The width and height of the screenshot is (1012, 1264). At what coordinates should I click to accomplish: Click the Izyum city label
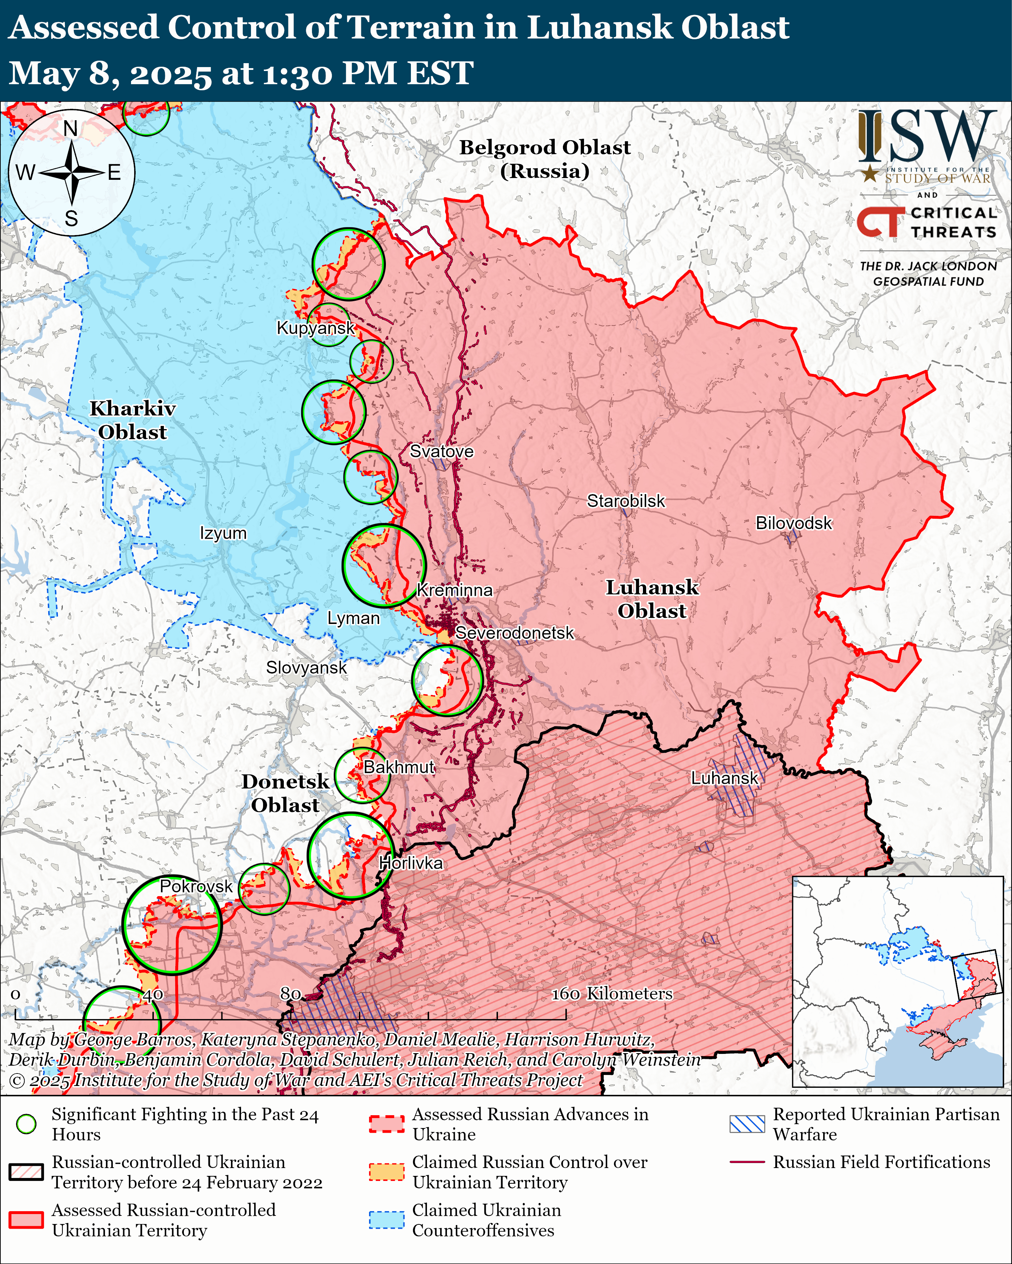(x=223, y=533)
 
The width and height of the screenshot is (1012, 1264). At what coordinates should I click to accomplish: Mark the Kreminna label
(x=455, y=590)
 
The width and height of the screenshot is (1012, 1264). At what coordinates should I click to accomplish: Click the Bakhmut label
(x=399, y=767)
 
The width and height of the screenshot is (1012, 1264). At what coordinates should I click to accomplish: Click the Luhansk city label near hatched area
(x=725, y=778)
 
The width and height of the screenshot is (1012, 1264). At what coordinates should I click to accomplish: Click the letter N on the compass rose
(x=70, y=128)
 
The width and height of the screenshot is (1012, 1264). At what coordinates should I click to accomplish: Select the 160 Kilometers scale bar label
(x=612, y=993)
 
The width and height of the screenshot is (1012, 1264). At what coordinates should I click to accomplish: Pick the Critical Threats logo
(x=927, y=223)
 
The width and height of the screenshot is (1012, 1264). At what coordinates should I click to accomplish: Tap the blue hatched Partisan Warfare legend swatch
(x=747, y=1124)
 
